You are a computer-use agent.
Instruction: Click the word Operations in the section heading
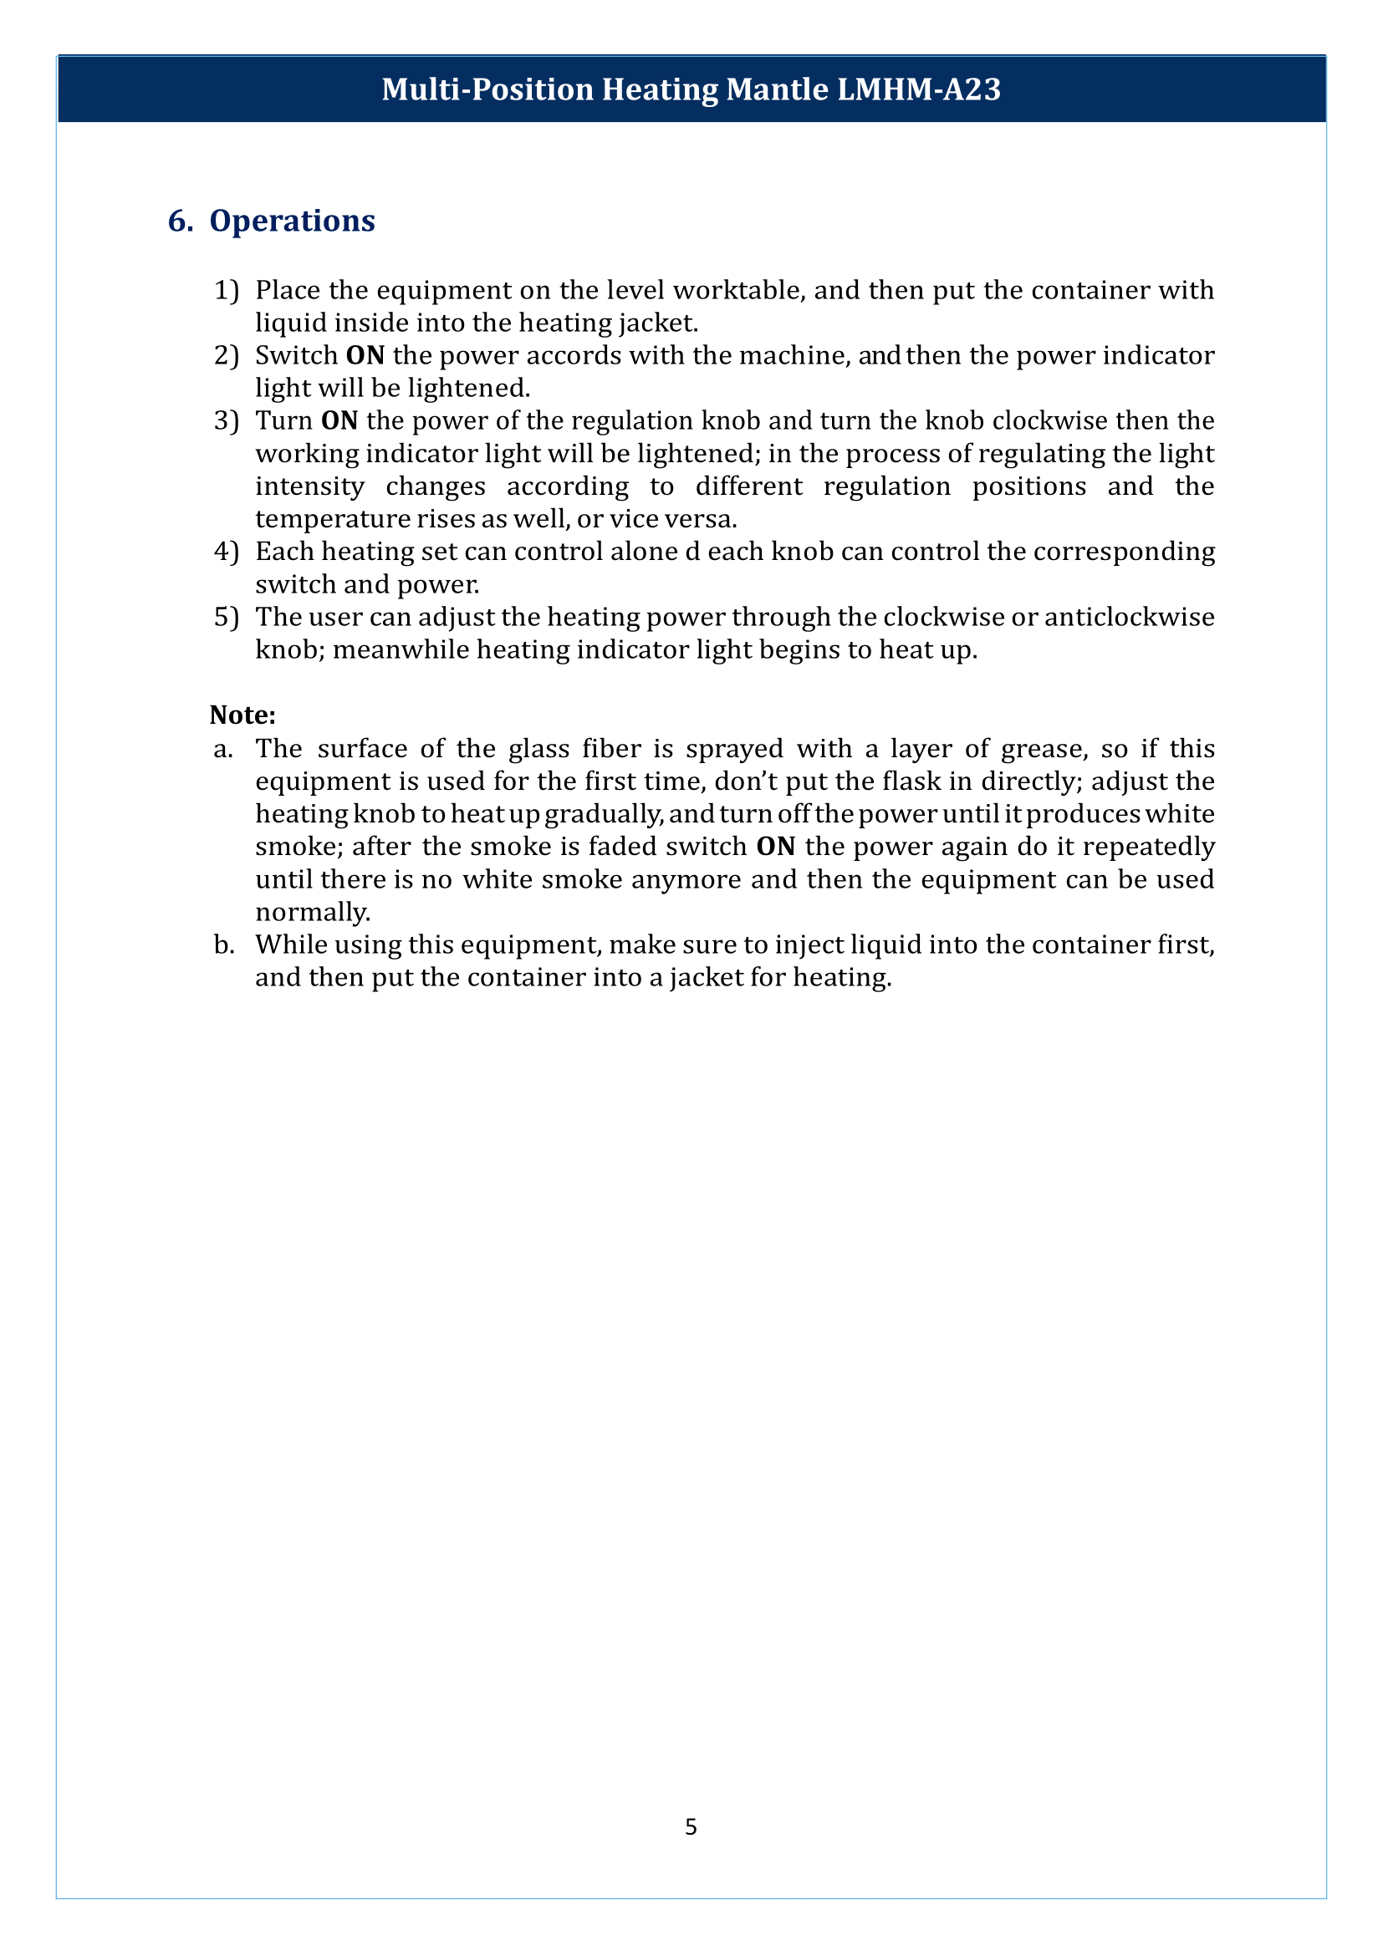(x=292, y=221)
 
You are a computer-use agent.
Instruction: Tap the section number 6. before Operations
(x=180, y=221)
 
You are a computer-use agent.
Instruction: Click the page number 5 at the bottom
(x=691, y=1826)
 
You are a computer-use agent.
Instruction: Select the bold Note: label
(x=242, y=715)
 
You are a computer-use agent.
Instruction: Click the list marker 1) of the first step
(x=227, y=290)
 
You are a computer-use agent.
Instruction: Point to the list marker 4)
(x=227, y=552)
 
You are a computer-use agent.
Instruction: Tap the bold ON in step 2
(x=365, y=355)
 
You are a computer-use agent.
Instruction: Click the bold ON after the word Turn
(x=339, y=420)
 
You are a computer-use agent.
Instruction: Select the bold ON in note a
(x=775, y=847)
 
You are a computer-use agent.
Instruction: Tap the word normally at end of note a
(x=313, y=912)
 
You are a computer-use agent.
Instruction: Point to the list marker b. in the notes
(x=224, y=944)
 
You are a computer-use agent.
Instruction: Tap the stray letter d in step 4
(x=691, y=552)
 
